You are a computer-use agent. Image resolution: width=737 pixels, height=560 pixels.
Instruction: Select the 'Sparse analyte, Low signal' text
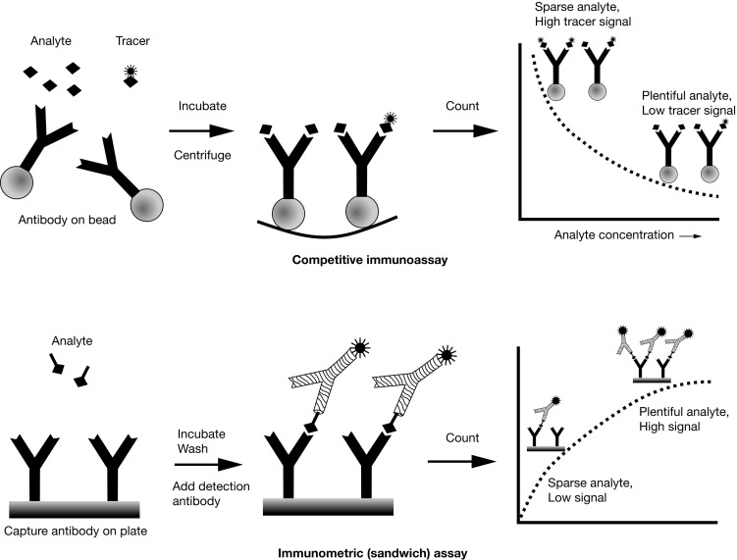[x=587, y=489]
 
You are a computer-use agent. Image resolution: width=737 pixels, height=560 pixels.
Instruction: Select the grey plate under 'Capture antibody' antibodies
[x=75, y=507]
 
